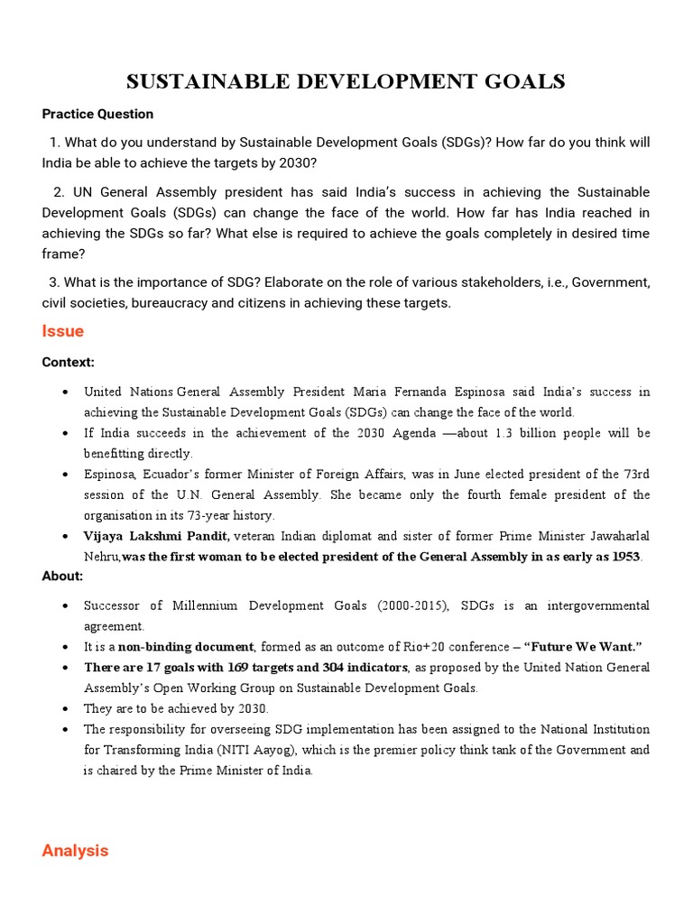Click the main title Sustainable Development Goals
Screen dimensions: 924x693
[346, 82]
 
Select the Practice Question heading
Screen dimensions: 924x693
[97, 114]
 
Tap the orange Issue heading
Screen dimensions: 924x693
[62, 331]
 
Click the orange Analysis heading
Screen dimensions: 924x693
[75, 850]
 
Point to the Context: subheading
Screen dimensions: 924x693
[68, 362]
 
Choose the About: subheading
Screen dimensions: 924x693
[62, 576]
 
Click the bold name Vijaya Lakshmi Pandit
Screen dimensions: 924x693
[156, 536]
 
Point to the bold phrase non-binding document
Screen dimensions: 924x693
[186, 647]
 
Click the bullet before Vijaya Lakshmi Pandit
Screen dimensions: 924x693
[67, 537]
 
